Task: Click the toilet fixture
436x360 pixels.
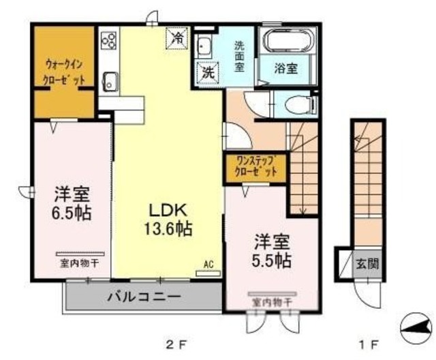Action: point(298,105)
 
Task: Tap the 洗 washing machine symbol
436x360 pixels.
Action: point(206,70)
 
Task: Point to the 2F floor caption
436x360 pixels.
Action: point(176,343)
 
